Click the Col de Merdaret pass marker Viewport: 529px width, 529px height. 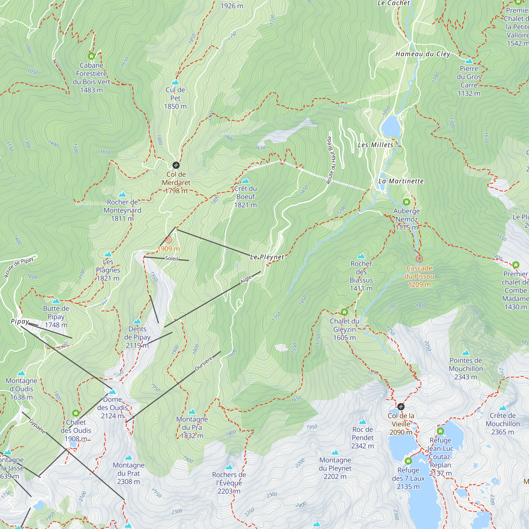point(176,165)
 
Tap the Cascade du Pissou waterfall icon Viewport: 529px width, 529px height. point(419,259)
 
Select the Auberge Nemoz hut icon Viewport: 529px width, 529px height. point(406,202)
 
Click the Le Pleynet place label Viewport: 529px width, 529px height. point(267,257)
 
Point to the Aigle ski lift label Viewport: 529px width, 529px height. point(246,279)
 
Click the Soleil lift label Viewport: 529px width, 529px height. point(171,258)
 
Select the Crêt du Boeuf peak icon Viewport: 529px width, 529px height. point(246,181)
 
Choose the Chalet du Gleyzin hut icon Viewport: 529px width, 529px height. point(344,312)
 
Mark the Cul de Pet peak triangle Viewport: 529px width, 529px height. point(175,82)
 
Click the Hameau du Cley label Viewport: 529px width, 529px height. point(423,54)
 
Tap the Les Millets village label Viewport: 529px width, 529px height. point(375,145)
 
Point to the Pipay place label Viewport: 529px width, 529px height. point(20,321)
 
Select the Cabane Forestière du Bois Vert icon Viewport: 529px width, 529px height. point(92,56)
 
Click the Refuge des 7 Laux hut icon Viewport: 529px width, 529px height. point(408,461)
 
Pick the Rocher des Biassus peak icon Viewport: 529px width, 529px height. point(361,256)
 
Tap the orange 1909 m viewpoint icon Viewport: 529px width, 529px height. point(168,240)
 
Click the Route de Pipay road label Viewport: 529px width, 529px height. point(19,267)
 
